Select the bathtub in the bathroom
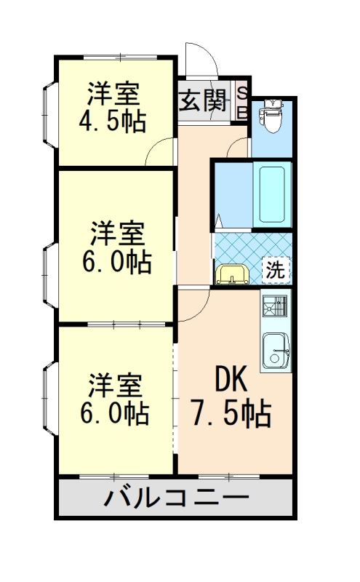pos(272,194)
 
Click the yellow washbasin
pos(232,275)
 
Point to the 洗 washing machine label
pos(274,270)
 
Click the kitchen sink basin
pos(276,351)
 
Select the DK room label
pos(231,380)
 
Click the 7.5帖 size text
pos(231,415)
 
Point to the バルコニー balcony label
pos(176,500)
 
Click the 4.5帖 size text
pos(113,120)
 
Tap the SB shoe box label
pos(243,102)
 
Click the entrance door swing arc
pos(198,58)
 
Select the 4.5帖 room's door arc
pos(161,151)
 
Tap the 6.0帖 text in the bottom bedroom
pos(115,414)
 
